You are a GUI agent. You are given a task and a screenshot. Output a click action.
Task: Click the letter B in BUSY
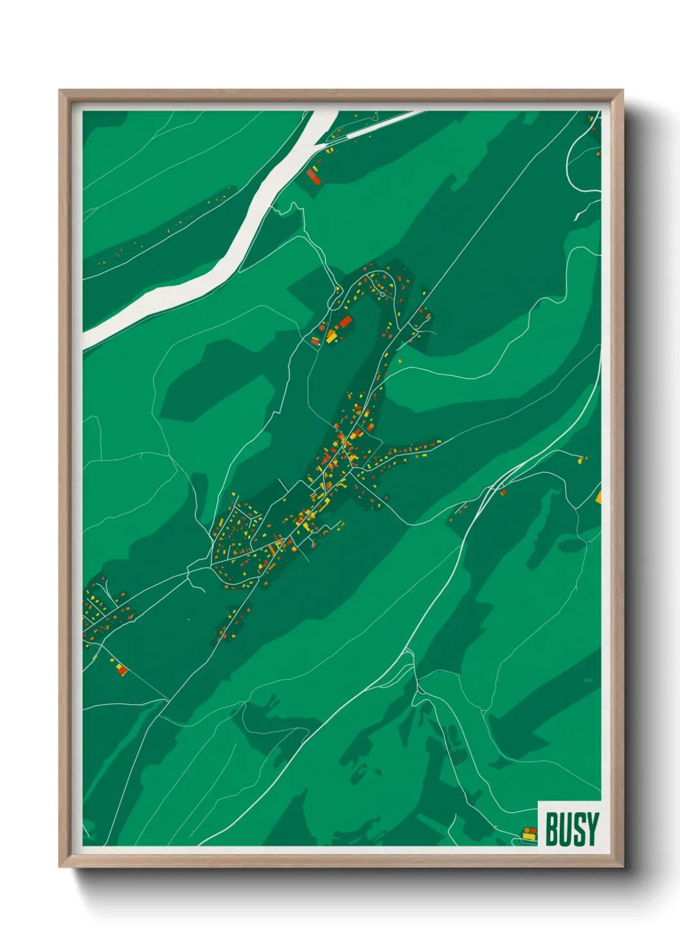click(551, 829)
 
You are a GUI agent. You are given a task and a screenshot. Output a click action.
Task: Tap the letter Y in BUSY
click(593, 829)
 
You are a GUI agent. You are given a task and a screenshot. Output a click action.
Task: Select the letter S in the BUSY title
click(579, 829)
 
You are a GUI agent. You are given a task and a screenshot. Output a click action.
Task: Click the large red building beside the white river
click(314, 177)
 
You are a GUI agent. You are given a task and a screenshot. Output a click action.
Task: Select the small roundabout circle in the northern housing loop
click(382, 294)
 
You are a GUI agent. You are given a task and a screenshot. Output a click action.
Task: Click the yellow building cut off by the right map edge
click(599, 497)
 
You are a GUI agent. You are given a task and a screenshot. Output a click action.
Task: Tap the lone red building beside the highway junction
click(503, 492)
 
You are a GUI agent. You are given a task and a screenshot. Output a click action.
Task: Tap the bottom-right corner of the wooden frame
click(622, 866)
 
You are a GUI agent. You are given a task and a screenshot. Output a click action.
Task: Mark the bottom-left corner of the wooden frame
click(60, 866)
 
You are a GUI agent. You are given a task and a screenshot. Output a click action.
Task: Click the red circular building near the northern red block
click(322, 328)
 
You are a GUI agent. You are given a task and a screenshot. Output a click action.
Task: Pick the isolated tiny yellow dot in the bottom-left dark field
click(189, 619)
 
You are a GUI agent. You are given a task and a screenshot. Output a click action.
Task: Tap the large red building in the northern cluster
click(345, 321)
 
